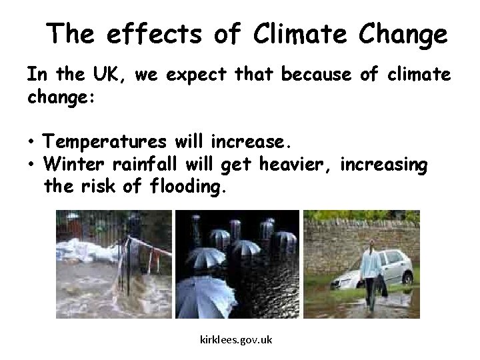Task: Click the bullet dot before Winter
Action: pos(31,165)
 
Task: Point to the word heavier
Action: pos(300,164)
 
